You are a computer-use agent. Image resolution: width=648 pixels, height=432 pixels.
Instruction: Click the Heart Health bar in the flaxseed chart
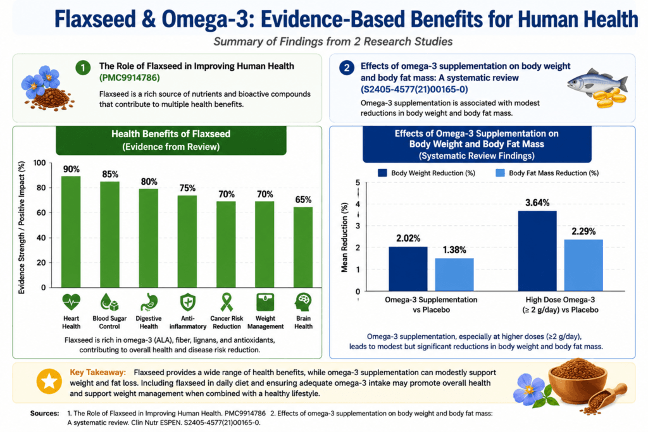[x=71, y=231]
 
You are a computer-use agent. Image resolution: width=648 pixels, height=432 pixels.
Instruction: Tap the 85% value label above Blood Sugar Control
[x=110, y=175]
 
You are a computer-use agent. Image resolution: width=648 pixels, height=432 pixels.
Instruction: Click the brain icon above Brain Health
[x=303, y=302]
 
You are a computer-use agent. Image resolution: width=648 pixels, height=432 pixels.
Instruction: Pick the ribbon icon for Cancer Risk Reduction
[x=227, y=302]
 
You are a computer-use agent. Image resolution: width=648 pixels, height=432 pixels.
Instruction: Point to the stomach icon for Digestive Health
[x=148, y=302]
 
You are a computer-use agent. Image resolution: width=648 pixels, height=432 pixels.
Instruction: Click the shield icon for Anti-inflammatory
[x=187, y=302]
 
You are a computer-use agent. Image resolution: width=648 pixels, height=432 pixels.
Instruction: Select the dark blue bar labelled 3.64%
[x=537, y=251]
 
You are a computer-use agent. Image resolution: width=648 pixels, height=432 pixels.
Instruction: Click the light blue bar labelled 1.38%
[x=454, y=275]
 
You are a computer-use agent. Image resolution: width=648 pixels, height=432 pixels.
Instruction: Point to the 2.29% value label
[x=583, y=231]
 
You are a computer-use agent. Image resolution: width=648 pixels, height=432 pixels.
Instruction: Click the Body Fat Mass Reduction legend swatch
[x=500, y=173]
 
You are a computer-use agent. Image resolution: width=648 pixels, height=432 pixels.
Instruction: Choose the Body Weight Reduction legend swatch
[x=382, y=173]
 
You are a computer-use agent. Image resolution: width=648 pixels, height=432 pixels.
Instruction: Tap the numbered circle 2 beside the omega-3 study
[x=347, y=68]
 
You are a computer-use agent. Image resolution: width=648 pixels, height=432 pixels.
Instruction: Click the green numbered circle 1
[x=83, y=68]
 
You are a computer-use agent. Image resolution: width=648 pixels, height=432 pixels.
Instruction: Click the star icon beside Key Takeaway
[x=49, y=381]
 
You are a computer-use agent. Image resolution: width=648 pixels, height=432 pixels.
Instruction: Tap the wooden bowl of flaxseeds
[x=578, y=380]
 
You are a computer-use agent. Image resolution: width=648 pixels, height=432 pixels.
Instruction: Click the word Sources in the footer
[x=45, y=414]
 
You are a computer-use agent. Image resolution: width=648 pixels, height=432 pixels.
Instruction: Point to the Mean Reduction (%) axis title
[x=344, y=237]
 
